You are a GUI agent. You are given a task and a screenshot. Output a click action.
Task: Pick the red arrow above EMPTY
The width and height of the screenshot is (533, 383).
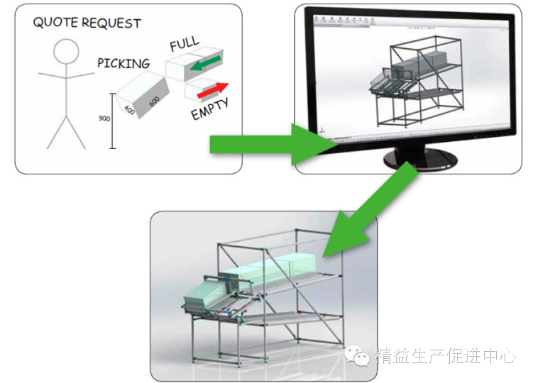[x=213, y=91]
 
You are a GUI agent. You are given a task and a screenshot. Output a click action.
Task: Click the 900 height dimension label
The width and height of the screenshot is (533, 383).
[x=104, y=119]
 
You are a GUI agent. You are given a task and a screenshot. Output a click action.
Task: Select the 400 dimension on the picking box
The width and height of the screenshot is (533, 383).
[x=129, y=111]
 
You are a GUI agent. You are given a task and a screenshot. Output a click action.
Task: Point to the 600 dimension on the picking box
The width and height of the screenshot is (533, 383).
[x=154, y=101]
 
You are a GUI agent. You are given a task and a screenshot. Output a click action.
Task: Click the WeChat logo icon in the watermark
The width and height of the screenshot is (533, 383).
[x=362, y=355]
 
